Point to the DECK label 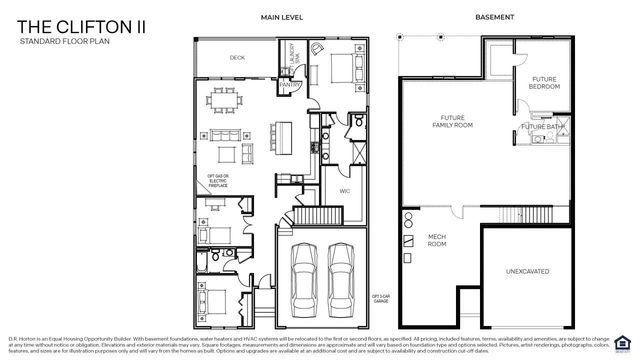237,58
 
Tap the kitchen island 283,134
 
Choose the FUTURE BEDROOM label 544,82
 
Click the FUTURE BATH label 540,127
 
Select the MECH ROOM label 437,241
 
